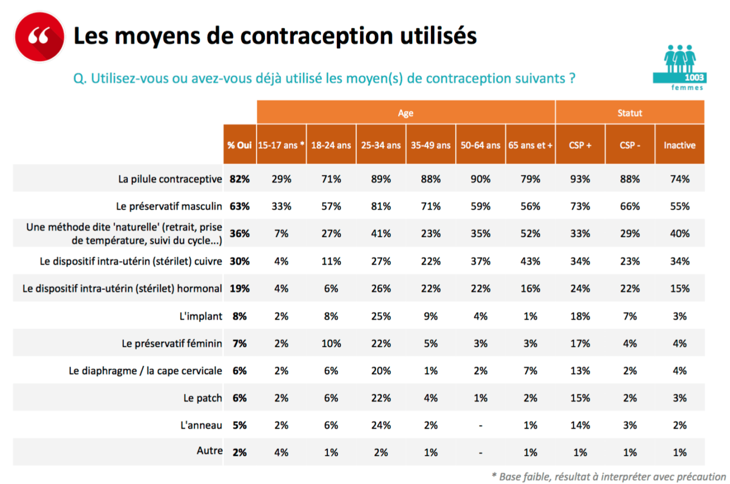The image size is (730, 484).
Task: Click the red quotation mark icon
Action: [x=38, y=37]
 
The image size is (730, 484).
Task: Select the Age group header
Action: [x=405, y=112]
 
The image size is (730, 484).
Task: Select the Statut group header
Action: [x=629, y=112]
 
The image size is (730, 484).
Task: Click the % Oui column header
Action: [x=239, y=145]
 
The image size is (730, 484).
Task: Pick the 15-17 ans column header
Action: [x=281, y=145]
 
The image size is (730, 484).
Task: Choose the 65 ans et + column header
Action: [x=530, y=145]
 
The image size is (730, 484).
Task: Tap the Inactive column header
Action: [x=679, y=145]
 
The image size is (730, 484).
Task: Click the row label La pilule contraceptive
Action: [x=170, y=179]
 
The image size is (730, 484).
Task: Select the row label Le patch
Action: [x=203, y=398]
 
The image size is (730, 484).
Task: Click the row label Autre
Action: [x=210, y=451]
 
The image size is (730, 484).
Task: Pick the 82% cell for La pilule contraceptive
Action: [x=239, y=179]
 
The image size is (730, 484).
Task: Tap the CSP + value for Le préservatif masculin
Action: [x=580, y=206]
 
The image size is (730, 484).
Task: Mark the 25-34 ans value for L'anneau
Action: [x=380, y=425]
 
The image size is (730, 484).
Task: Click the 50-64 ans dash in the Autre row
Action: [x=480, y=452]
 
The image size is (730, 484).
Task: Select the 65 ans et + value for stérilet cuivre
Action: [x=530, y=261]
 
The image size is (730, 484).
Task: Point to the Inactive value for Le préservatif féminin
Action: [x=679, y=344]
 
